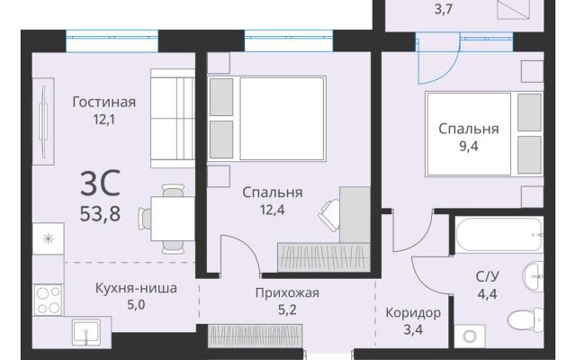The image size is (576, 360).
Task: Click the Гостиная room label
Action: pyautogui.click(x=104, y=102)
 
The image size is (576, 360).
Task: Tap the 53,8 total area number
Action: pyautogui.click(x=100, y=213)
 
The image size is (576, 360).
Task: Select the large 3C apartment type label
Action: pyautogui.click(x=100, y=182)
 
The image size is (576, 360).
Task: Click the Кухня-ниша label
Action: pyautogui.click(x=136, y=288)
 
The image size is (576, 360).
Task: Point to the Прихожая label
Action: pyautogui.click(x=287, y=292)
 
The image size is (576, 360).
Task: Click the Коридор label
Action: pyautogui.click(x=413, y=313)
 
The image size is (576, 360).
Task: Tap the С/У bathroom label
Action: pyautogui.click(x=488, y=276)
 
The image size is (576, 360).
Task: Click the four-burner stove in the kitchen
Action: pyautogui.click(x=48, y=300)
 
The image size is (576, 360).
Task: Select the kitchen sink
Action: pyautogui.click(x=86, y=332)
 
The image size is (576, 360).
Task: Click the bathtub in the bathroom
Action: pyautogui.click(x=499, y=234)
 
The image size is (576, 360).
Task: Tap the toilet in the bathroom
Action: pyautogui.click(x=526, y=320)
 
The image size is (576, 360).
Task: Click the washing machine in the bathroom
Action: pyautogui.click(x=470, y=336)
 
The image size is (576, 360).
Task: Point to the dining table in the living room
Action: pyautogui.click(x=173, y=219)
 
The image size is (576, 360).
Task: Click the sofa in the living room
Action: pyautogui.click(x=173, y=118)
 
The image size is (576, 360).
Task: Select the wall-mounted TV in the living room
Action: pyautogui.click(x=43, y=121)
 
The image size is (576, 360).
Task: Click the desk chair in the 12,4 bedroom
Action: pyautogui.click(x=329, y=215)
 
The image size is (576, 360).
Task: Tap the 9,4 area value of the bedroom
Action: pyautogui.click(x=469, y=147)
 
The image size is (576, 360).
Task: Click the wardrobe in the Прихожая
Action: pyautogui.click(x=256, y=335)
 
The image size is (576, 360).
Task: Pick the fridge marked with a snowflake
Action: pyautogui.click(x=48, y=238)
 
